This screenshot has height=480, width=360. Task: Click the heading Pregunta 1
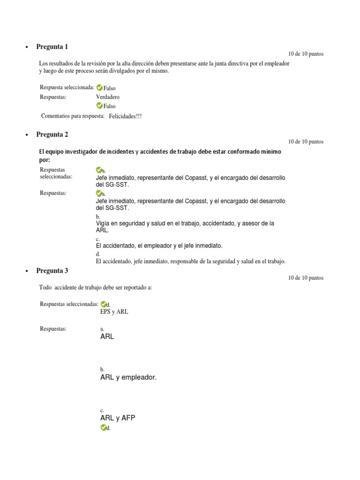(x=52, y=46)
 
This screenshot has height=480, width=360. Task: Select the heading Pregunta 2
(x=52, y=135)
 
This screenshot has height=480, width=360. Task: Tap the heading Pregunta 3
(x=52, y=270)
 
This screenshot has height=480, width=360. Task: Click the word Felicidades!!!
(x=125, y=116)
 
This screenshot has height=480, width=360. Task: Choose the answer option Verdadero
(x=107, y=97)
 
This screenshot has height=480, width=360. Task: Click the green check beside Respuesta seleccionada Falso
(x=99, y=88)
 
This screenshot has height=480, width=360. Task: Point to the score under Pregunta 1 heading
(x=306, y=54)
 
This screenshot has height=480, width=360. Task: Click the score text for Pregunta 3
(x=306, y=278)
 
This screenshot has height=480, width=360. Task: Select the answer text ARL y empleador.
(x=128, y=377)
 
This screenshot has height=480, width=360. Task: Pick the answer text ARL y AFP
(x=118, y=418)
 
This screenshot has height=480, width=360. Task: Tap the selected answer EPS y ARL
(x=114, y=312)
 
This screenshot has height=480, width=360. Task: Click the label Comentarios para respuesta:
(x=73, y=116)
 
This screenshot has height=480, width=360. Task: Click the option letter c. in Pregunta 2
(x=98, y=239)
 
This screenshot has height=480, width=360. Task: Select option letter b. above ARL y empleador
(x=102, y=369)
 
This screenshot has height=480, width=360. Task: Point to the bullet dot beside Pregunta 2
(x=26, y=135)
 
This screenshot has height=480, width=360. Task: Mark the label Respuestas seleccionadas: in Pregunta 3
(x=69, y=304)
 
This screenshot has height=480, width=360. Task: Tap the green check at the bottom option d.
(x=103, y=427)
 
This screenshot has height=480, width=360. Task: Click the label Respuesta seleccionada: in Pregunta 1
(x=67, y=87)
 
